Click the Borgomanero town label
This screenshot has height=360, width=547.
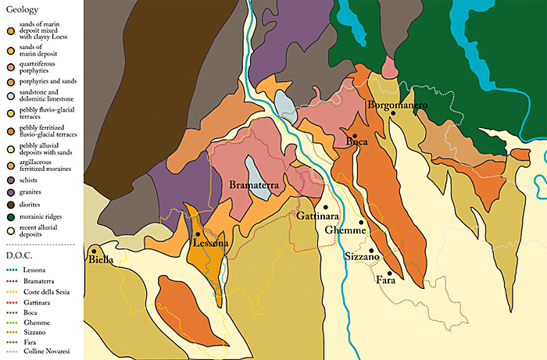(x=398, y=105)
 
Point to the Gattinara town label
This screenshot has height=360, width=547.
(x=317, y=216)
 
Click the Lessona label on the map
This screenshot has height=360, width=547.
(x=210, y=244)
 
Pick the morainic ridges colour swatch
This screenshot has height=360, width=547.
(x=9, y=216)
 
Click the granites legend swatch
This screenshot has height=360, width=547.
(x=9, y=191)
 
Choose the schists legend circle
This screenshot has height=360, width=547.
(x=9, y=179)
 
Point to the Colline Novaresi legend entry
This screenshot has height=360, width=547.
(x=46, y=351)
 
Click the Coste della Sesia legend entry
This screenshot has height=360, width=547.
(x=47, y=290)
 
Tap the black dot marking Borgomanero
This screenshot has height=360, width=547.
(x=394, y=113)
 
